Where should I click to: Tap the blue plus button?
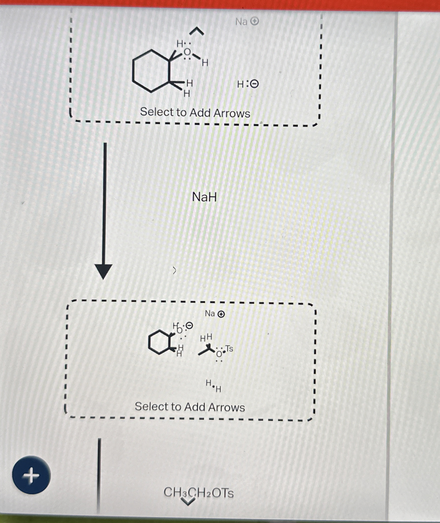point(31,475)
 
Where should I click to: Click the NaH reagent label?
point(204,197)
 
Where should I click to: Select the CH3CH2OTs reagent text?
point(199,493)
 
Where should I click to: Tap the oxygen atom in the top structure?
point(187,52)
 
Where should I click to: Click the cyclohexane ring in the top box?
point(151,71)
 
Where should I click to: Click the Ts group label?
point(229,348)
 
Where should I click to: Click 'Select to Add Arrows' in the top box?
point(195,112)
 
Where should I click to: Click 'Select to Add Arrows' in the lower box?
point(190,407)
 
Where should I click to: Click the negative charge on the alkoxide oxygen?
point(190,325)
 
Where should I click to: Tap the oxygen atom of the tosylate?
point(219,354)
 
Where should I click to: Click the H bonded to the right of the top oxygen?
point(205,63)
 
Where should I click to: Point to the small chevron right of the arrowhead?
point(175,270)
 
